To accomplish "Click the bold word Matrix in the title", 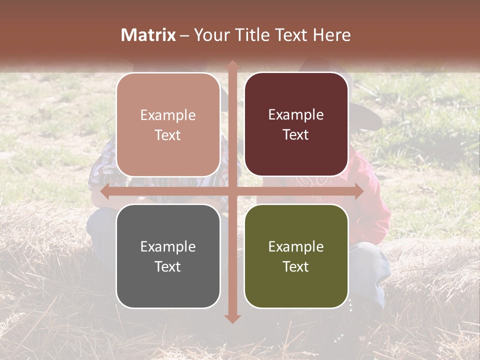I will click(x=148, y=35).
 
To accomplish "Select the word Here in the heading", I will click(x=331, y=35).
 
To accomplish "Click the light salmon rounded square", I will click(x=168, y=125).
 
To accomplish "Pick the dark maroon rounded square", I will click(x=296, y=124).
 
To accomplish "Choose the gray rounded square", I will click(x=168, y=256).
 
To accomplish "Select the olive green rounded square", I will click(x=296, y=256).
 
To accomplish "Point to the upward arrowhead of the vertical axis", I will click(x=232, y=65).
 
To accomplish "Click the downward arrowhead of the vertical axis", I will click(x=232, y=318).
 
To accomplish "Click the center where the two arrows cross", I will click(x=232, y=191).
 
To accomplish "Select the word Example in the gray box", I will click(x=168, y=246).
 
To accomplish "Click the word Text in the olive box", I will click(x=296, y=266).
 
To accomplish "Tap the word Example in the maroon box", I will click(x=296, y=115).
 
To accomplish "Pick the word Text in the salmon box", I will click(x=168, y=135).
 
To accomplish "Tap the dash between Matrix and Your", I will click(x=184, y=35).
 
